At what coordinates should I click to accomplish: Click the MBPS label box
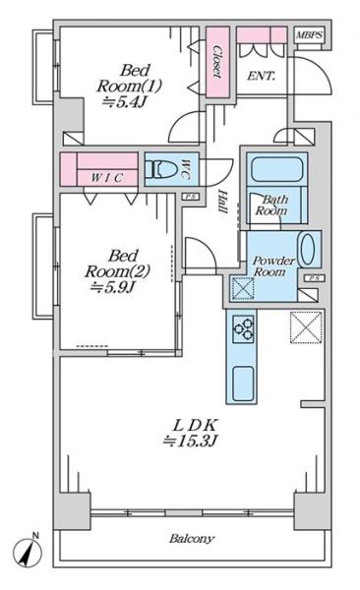(308, 35)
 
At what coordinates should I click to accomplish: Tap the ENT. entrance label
(261, 76)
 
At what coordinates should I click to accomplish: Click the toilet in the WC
(160, 169)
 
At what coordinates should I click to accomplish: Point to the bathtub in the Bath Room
(276, 170)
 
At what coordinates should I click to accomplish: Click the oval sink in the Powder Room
(307, 249)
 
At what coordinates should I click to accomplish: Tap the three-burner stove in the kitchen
(243, 328)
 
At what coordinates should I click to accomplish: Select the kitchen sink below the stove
(243, 383)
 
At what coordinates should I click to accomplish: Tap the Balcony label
(192, 539)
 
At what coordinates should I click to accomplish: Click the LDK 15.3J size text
(190, 441)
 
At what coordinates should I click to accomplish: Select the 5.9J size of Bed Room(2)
(112, 287)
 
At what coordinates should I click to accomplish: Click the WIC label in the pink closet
(107, 178)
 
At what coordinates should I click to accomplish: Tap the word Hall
(223, 202)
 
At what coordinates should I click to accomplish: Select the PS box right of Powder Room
(315, 278)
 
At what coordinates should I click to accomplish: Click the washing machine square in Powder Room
(243, 288)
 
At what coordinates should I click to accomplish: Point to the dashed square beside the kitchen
(306, 327)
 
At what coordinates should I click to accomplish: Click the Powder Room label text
(273, 266)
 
